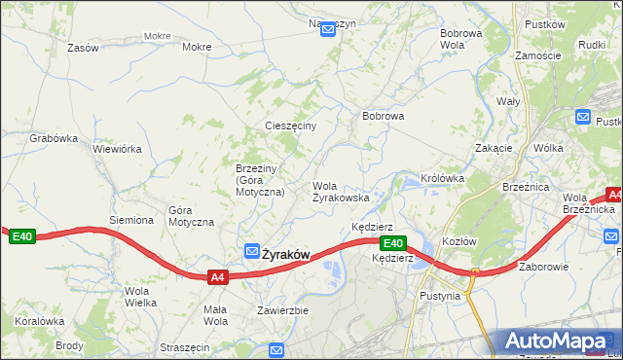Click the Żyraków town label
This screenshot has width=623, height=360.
point(285,254)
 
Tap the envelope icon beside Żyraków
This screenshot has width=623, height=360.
point(251,251)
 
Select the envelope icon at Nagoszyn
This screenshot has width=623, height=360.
point(328,30)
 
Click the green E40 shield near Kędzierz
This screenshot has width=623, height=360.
point(392,243)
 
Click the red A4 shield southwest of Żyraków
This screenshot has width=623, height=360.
point(219,277)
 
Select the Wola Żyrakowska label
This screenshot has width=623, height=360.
point(340,191)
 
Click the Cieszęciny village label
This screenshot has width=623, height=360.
point(291,126)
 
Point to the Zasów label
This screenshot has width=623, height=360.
point(84,47)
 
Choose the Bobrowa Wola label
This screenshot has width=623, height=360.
point(460,39)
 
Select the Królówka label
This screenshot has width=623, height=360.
point(442,178)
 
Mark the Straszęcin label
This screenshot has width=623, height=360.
point(185,346)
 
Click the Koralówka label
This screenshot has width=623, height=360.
point(39,320)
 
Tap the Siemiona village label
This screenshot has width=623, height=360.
point(131,220)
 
